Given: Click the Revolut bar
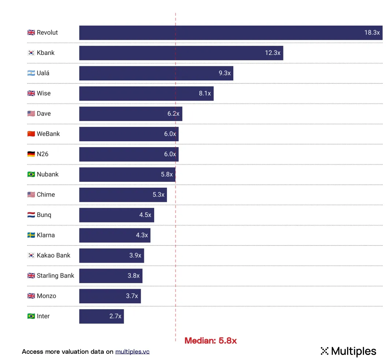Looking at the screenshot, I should click(x=220, y=33).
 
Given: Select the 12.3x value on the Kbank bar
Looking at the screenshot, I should click(x=272, y=53).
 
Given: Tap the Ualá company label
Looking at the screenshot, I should click(x=43, y=73).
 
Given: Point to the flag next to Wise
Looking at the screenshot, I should click(x=31, y=93).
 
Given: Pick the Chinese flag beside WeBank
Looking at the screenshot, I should click(x=31, y=134).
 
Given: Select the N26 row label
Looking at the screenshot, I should click(x=42, y=154).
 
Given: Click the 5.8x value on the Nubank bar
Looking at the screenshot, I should click(x=167, y=175).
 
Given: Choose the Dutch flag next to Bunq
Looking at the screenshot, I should click(x=31, y=215).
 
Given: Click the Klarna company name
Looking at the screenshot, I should click(x=46, y=235).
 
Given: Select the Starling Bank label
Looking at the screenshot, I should click(x=55, y=275).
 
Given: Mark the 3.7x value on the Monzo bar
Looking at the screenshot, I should click(x=132, y=296).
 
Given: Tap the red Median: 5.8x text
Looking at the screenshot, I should click(x=211, y=341).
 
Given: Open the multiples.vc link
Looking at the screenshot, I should click(x=132, y=352).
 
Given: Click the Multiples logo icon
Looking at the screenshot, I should click(x=324, y=351).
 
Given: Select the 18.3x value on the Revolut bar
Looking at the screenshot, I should click(x=372, y=33).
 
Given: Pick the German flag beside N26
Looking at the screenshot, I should click(x=31, y=154).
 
